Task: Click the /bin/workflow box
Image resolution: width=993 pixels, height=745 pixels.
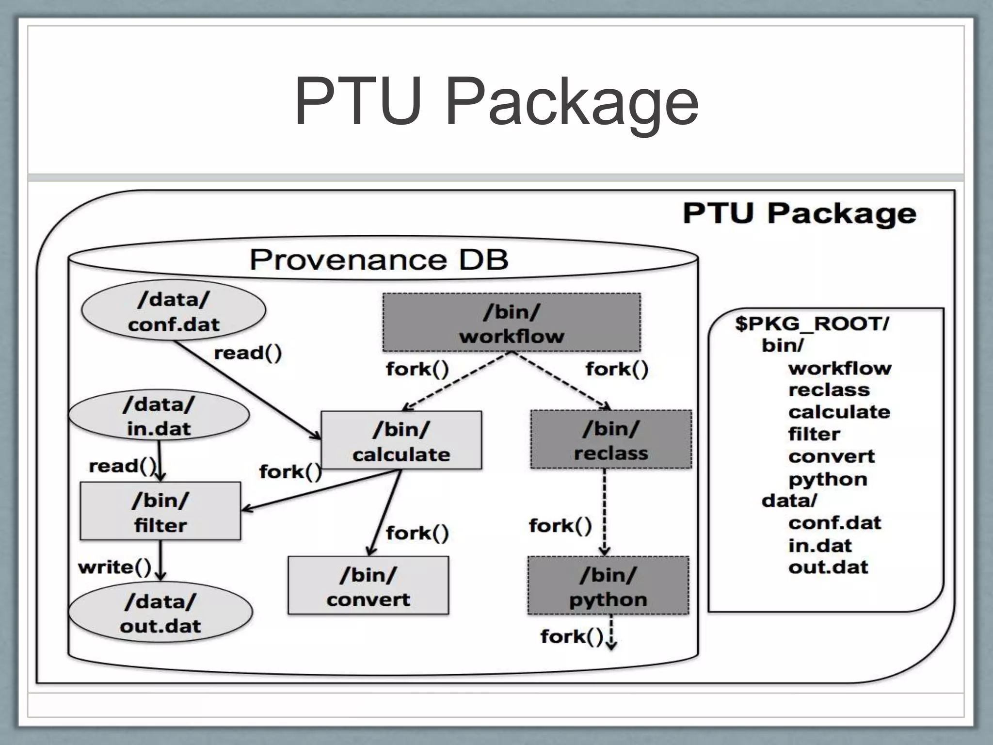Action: click(512, 323)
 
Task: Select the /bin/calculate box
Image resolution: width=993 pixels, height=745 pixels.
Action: click(401, 440)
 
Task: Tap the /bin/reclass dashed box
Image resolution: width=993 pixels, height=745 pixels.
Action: click(611, 439)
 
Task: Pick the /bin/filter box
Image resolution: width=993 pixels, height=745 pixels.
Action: click(160, 511)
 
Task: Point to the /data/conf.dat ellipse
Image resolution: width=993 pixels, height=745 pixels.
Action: click(174, 311)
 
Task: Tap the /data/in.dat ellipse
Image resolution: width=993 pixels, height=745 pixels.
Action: click(159, 416)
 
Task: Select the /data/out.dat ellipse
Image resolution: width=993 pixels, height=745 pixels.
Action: click(160, 613)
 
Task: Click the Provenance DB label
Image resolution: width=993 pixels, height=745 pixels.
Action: click(379, 259)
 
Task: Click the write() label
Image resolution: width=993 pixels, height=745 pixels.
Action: click(115, 567)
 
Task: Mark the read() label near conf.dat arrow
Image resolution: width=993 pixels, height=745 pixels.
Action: click(248, 353)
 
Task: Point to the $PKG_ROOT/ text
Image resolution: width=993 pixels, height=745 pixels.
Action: click(812, 324)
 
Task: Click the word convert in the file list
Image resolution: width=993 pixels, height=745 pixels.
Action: click(831, 456)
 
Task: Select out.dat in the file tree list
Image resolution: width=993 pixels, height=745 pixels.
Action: click(828, 567)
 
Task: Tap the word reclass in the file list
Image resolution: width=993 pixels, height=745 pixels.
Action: click(829, 389)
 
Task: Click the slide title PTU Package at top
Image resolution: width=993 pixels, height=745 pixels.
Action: click(496, 102)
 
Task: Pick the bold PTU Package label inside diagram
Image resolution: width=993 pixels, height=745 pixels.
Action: click(799, 213)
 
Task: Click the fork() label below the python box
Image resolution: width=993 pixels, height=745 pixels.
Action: click(572, 636)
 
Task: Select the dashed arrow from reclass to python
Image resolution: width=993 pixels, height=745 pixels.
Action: click(604, 512)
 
